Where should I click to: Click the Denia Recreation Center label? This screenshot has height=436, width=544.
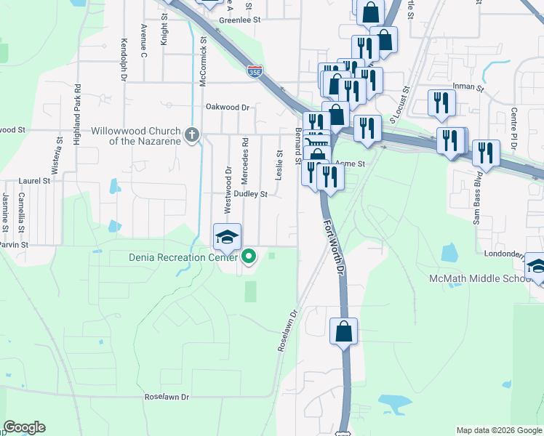coord(183,257)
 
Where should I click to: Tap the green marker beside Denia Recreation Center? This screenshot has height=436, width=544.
coord(249,256)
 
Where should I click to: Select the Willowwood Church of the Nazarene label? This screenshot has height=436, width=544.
coord(135,135)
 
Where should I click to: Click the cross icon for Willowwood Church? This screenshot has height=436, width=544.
coord(192,134)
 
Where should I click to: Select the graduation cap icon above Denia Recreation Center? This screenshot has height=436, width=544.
coord(227,237)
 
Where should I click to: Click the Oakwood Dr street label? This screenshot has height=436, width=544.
coord(227,107)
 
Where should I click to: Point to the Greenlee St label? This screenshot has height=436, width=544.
coord(239,20)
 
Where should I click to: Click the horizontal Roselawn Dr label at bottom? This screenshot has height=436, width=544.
coord(167,397)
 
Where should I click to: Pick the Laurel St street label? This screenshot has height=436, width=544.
coord(35,180)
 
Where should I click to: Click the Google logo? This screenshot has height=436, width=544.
coord(25,427)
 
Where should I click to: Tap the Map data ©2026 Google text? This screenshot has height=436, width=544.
coord(498,430)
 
